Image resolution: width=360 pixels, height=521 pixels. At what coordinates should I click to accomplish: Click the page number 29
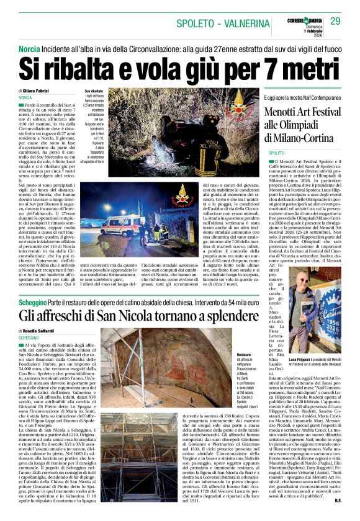pos(336,21)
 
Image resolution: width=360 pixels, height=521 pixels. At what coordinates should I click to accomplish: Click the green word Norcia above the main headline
pos(29,48)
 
